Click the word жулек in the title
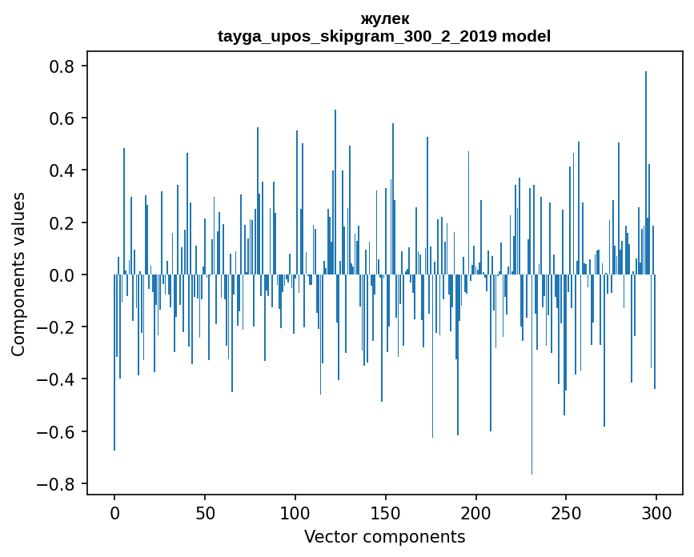click(x=384, y=19)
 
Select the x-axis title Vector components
click(x=384, y=536)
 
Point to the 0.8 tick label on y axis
click(x=63, y=66)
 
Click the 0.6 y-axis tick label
click(x=63, y=118)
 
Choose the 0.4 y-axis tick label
click(x=63, y=170)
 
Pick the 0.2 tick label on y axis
click(x=63, y=222)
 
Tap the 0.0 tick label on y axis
click(x=63, y=275)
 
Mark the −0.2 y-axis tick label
click(x=58, y=327)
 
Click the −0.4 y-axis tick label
click(x=58, y=379)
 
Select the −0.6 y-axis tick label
click(x=58, y=432)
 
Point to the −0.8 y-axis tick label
click(x=58, y=484)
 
